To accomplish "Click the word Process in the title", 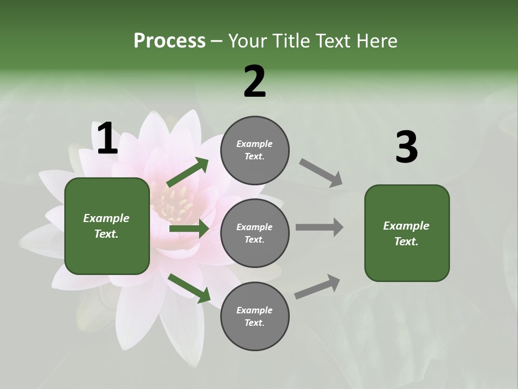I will point(169,41).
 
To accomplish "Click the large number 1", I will point(107,139).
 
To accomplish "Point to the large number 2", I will point(255,82).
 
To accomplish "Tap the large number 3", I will point(406,147).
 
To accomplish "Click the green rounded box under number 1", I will point(107,226).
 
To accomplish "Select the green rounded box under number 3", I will point(407,233).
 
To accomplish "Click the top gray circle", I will point(255,150).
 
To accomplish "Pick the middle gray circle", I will point(255,233).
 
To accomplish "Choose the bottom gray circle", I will point(255,316).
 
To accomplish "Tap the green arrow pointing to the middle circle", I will point(189,229).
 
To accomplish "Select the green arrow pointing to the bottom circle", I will point(189,288).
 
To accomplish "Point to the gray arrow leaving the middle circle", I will point(319,227).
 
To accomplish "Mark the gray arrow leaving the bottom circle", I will point(317,287).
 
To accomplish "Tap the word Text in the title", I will point(336,41).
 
